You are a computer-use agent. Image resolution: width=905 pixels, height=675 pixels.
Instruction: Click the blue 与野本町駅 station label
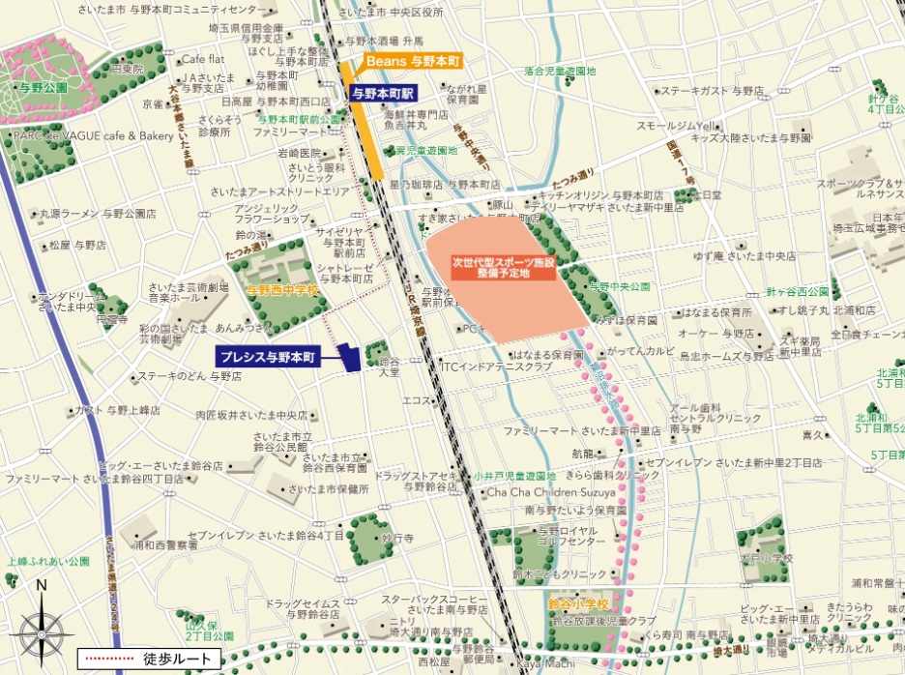click(x=383, y=94)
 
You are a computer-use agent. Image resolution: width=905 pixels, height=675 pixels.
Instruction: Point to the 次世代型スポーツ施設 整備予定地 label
click(x=503, y=268)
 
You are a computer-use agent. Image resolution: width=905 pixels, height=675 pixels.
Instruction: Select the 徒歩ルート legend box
click(x=150, y=659)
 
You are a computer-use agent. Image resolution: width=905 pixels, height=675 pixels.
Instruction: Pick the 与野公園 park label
click(x=42, y=87)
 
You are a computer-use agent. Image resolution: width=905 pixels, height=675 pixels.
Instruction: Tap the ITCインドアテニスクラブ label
click(x=495, y=367)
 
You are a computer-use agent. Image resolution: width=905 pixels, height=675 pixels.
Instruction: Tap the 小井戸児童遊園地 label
click(x=514, y=476)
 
